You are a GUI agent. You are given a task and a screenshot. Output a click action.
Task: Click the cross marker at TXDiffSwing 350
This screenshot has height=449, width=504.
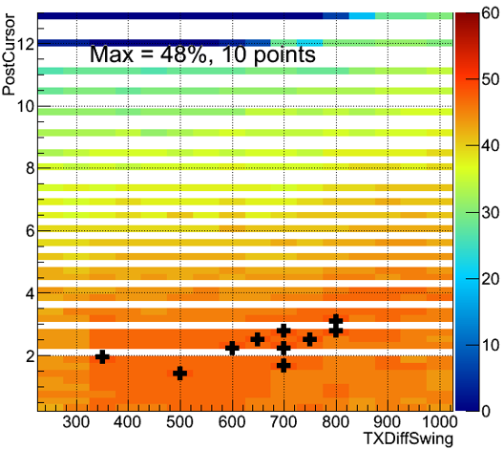102,356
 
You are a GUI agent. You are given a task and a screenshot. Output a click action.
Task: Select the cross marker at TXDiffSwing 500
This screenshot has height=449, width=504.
180,374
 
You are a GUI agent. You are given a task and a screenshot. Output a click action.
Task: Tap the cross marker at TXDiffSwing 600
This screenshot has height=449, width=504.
232,348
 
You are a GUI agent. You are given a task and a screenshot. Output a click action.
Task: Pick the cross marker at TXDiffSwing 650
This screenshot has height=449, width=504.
258,339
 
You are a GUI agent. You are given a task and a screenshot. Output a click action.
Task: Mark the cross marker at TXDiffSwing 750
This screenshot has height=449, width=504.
309,339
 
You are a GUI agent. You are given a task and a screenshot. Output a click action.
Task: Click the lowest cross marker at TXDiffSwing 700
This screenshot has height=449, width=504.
283,365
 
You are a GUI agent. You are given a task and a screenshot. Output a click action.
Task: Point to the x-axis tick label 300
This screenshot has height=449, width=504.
76,422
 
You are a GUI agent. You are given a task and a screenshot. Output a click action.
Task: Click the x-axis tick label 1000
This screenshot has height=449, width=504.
439,422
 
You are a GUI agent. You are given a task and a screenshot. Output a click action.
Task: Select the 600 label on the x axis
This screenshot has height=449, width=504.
232,422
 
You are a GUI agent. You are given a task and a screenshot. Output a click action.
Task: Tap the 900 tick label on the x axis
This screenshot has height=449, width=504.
388,422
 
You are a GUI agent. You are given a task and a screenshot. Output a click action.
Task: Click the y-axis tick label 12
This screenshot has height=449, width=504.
26,44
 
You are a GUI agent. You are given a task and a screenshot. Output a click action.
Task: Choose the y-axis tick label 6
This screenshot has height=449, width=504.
30,231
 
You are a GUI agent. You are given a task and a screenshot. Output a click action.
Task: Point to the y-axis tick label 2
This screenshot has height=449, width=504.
30,356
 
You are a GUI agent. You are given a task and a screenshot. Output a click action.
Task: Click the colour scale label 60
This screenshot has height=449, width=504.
491,13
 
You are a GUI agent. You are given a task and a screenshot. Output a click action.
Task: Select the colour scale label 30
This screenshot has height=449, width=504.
491,213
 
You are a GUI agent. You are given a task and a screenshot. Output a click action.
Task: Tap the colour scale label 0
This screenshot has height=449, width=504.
486,411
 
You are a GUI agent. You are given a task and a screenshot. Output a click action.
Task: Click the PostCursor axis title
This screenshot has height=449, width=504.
9,54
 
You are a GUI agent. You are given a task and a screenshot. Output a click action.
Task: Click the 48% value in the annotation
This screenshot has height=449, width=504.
184,54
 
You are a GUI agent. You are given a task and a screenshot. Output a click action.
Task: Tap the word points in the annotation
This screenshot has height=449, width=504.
284,55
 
